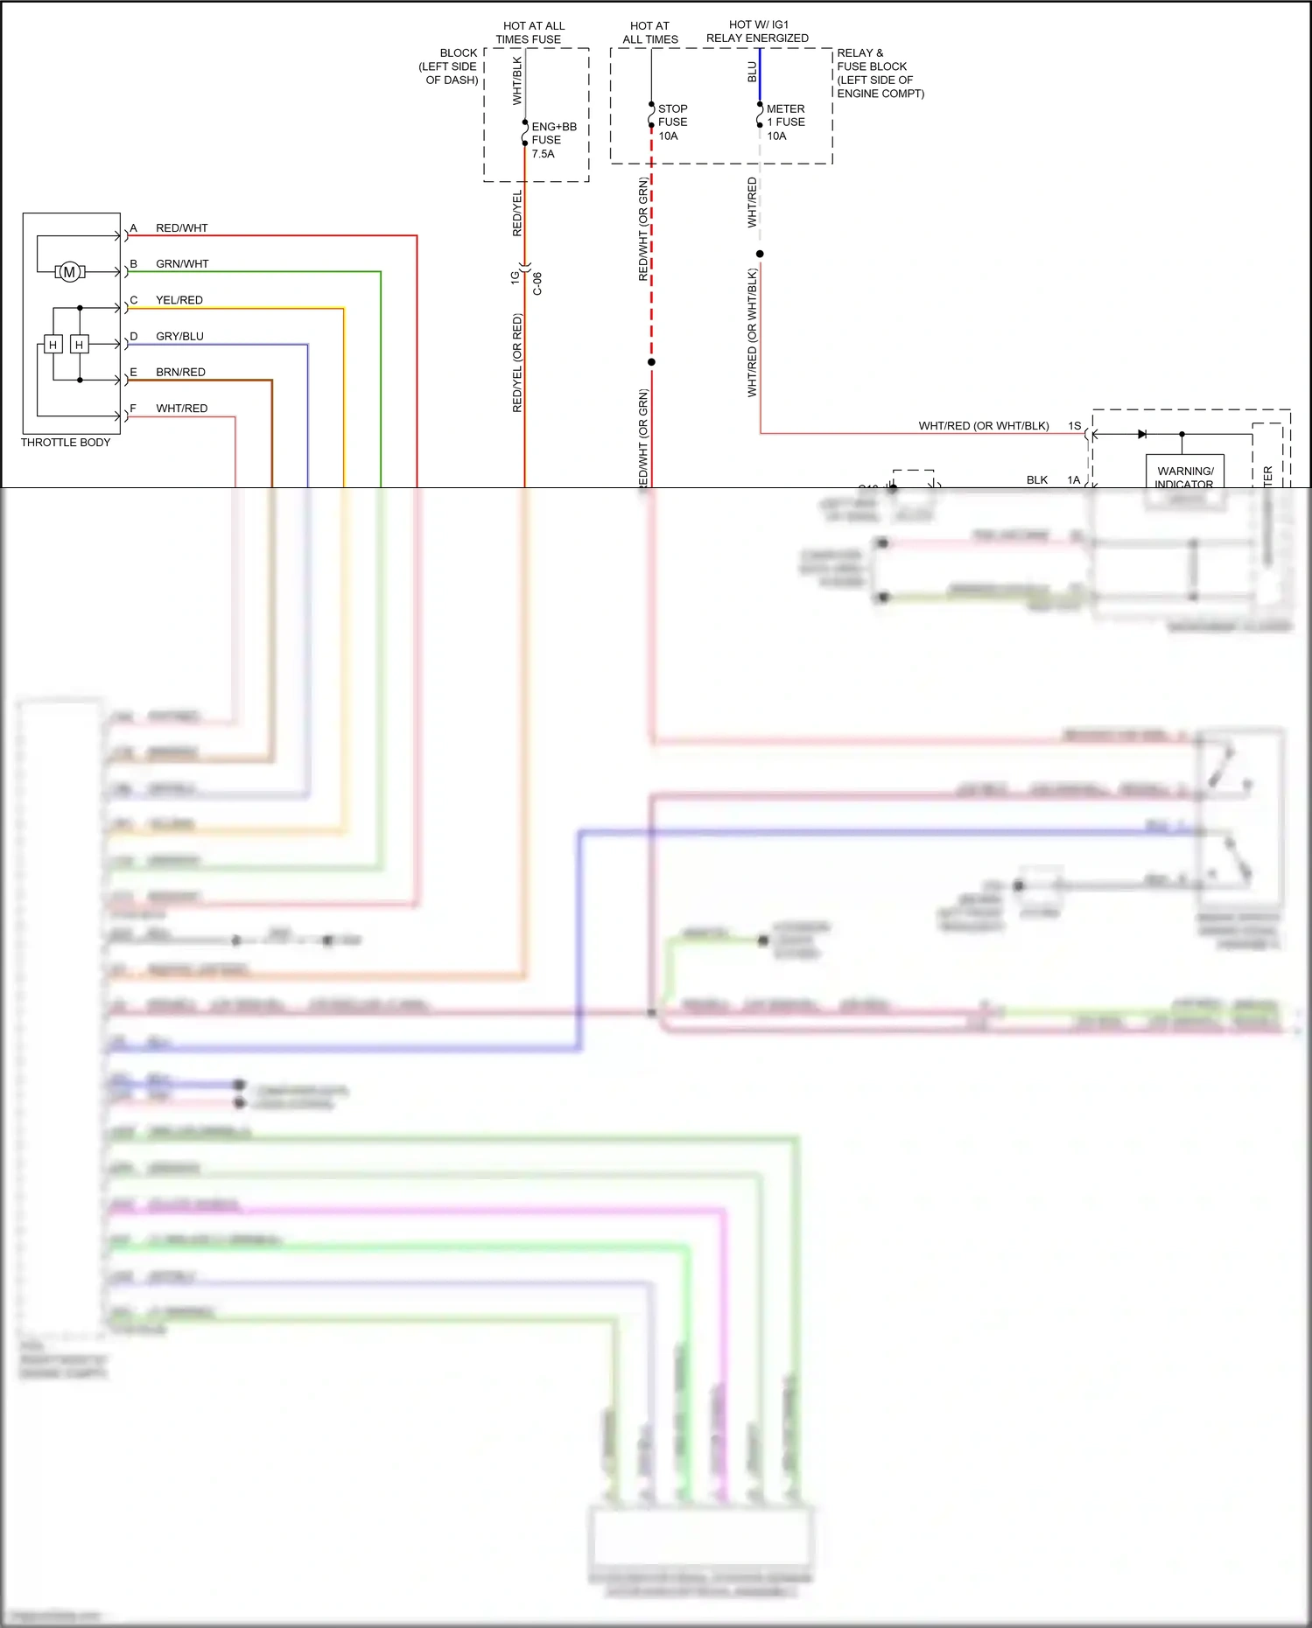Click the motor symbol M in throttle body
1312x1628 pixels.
click(x=69, y=272)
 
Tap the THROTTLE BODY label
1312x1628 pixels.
click(x=66, y=443)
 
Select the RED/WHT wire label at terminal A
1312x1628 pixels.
click(x=181, y=228)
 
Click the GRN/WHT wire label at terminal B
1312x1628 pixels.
click(x=182, y=264)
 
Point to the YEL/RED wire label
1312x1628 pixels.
click(x=179, y=300)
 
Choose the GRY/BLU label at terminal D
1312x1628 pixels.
click(x=179, y=336)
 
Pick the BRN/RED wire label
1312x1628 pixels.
click(x=180, y=372)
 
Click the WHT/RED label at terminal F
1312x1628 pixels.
click(x=181, y=409)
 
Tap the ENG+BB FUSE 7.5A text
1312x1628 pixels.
click(x=553, y=140)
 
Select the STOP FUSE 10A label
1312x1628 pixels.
click(x=672, y=122)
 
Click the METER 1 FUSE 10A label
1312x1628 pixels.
click(x=785, y=122)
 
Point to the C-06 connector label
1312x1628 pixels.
click(x=537, y=283)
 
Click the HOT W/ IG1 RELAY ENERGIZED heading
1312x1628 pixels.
click(x=757, y=31)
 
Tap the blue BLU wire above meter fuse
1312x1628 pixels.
click(x=760, y=74)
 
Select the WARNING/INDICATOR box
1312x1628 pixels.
click(x=1185, y=472)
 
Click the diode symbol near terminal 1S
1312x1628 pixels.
click(x=1141, y=434)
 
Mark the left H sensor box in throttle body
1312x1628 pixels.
click(x=53, y=345)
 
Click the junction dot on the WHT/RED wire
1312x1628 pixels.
click(x=760, y=254)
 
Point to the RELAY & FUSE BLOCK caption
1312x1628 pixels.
click(x=880, y=73)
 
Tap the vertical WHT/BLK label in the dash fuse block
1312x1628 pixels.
click(x=516, y=80)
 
